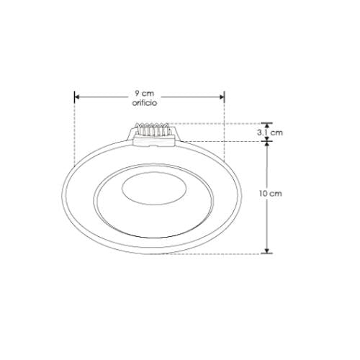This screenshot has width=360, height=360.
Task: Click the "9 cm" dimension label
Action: pos(145,94)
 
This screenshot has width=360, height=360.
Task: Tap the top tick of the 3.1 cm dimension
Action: pos(267,124)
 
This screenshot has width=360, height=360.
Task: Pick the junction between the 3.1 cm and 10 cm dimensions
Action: pos(267,141)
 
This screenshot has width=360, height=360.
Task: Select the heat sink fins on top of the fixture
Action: pos(152,130)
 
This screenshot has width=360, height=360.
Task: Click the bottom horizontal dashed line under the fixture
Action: pos(216,253)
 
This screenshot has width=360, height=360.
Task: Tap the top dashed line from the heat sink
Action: pos(216,123)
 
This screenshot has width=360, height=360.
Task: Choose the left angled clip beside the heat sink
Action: pos(130,135)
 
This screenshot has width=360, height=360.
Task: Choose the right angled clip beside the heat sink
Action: pos(173,135)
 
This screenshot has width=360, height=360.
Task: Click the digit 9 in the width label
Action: pos(138,94)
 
